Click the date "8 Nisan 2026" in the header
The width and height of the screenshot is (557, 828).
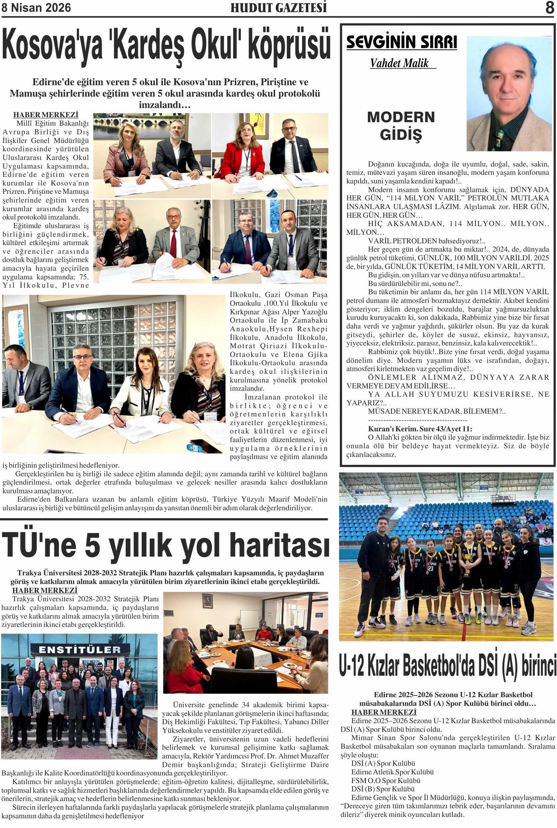point(36,7)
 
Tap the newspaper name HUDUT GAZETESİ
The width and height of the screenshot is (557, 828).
point(278,7)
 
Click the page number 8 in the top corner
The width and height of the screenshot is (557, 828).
point(550,8)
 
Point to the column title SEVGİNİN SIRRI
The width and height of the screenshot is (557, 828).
point(401,42)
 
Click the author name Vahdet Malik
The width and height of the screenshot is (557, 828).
point(399,63)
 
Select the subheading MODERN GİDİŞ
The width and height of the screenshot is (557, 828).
point(401,126)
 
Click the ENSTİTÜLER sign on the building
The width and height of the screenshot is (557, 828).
point(80,650)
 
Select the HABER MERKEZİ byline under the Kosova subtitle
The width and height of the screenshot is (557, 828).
point(46,115)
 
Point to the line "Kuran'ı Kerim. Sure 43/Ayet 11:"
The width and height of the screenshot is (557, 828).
point(420,429)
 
